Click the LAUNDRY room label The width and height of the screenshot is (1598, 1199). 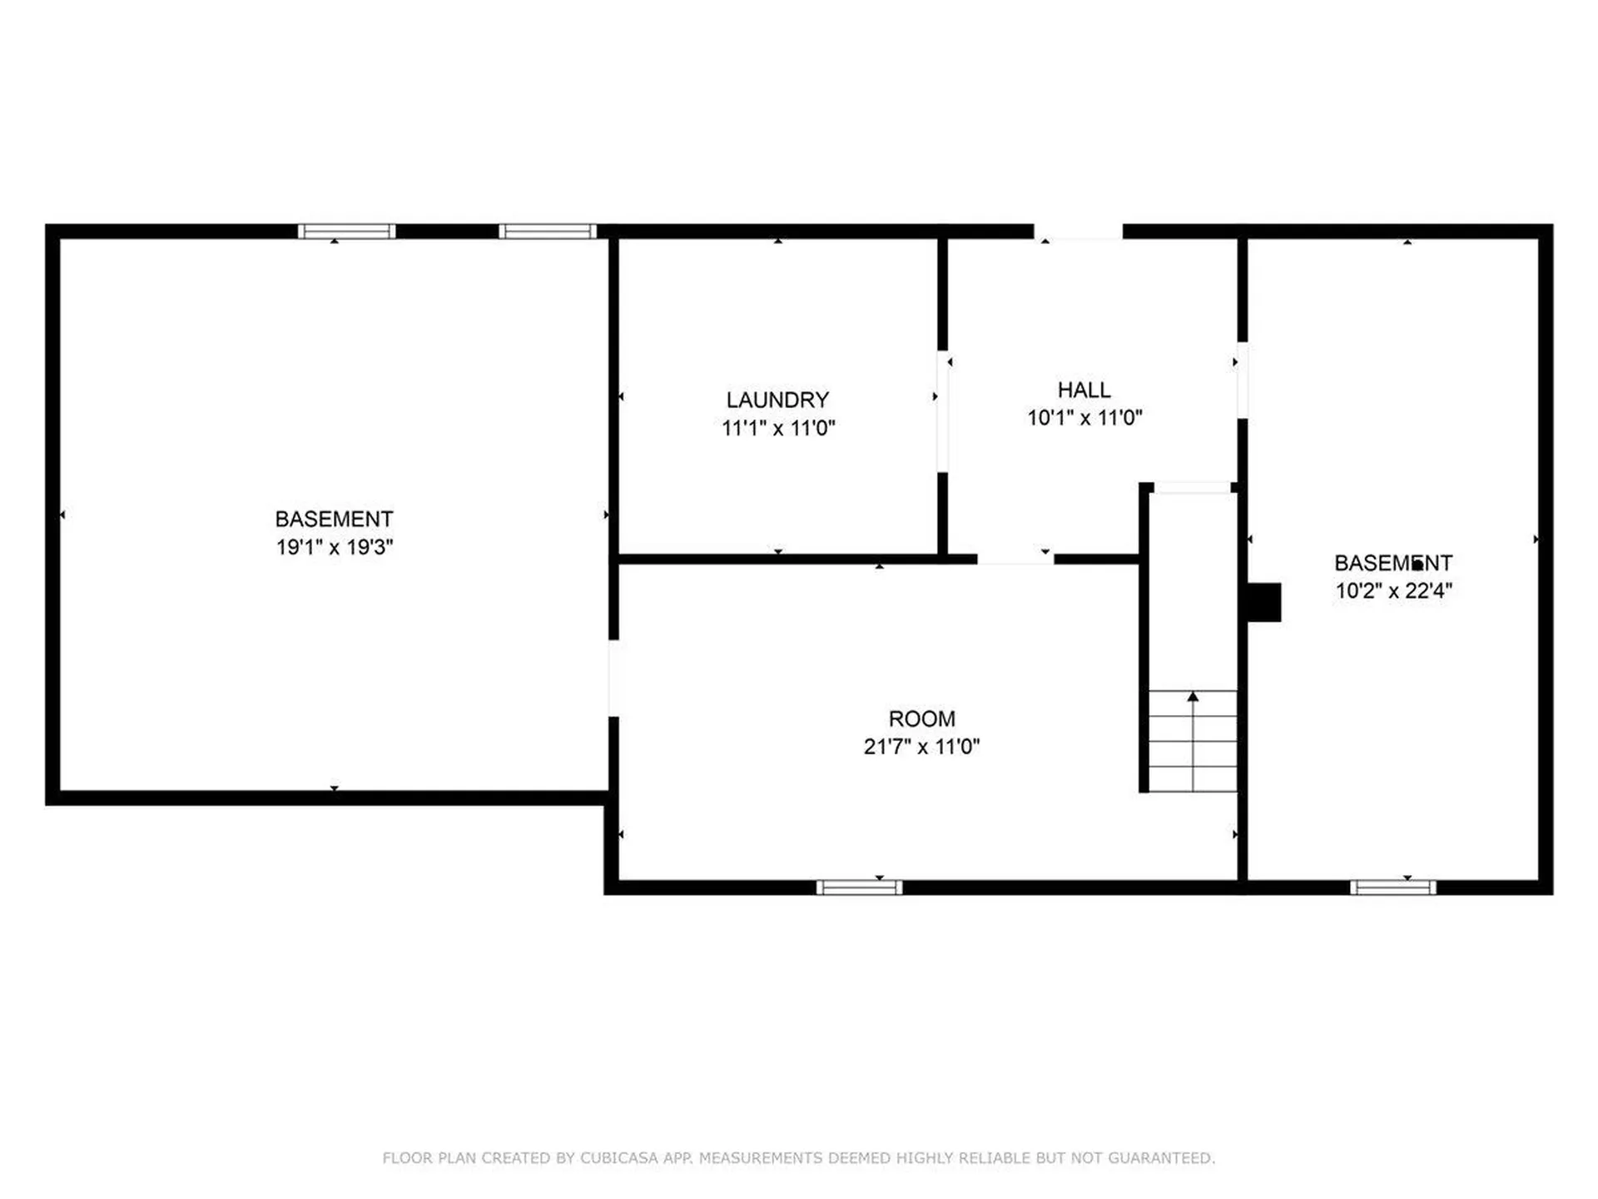[x=777, y=400]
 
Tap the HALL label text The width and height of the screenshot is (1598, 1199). [x=1084, y=390]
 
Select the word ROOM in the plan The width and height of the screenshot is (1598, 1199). [x=921, y=719]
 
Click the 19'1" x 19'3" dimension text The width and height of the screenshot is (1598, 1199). [x=335, y=547]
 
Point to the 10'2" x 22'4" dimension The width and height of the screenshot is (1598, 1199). [x=1393, y=590]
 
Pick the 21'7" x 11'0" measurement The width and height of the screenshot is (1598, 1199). [x=921, y=746]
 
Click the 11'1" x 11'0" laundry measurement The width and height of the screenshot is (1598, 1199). [x=778, y=428]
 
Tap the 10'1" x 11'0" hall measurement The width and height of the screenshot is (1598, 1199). [x=1084, y=417]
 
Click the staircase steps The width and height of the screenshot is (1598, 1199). [x=1193, y=740]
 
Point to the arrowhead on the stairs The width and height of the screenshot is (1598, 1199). [x=1193, y=696]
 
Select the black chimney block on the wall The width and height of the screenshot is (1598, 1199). [x=1263, y=602]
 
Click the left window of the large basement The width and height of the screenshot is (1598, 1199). [x=346, y=231]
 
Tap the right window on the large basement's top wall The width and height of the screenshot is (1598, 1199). [x=548, y=231]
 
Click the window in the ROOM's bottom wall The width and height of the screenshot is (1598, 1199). [x=859, y=888]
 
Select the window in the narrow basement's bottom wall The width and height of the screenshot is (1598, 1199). [x=1392, y=888]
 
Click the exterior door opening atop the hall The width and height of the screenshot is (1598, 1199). [x=1079, y=231]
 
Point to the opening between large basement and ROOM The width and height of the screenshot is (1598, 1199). [x=613, y=678]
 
